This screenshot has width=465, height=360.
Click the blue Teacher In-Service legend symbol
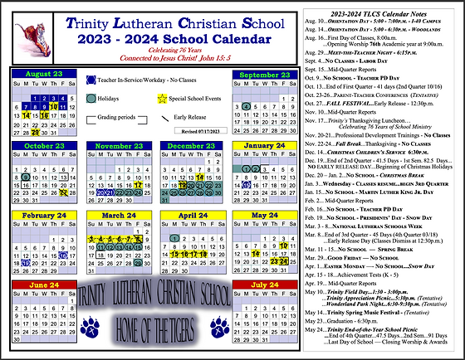point(91,80)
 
